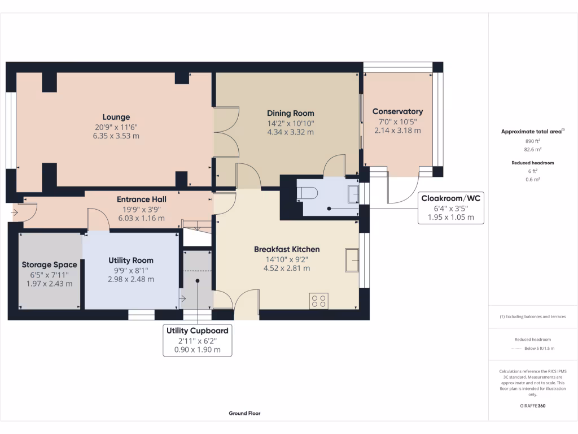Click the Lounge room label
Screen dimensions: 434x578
(116, 118)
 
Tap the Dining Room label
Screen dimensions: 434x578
(290, 113)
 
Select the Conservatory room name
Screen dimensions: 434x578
(397, 111)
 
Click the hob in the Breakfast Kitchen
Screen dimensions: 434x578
(318, 301)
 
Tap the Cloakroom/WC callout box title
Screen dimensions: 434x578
(450, 198)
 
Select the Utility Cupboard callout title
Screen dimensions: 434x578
(197, 330)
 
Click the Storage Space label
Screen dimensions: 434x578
(50, 264)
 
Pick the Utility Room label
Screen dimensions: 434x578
(131, 261)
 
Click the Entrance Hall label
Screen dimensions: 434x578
(142, 199)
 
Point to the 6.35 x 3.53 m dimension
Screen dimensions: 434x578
(116, 136)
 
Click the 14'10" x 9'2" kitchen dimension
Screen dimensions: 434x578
(287, 259)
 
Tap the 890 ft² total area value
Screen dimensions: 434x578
(533, 141)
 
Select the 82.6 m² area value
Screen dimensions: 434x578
(533, 149)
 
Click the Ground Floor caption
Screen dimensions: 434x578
(244, 413)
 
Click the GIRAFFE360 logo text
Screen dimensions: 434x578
(533, 406)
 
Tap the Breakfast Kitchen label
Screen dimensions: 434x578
(287, 249)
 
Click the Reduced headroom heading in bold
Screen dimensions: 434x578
(533, 163)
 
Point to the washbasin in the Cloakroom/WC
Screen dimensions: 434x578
(353, 193)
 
